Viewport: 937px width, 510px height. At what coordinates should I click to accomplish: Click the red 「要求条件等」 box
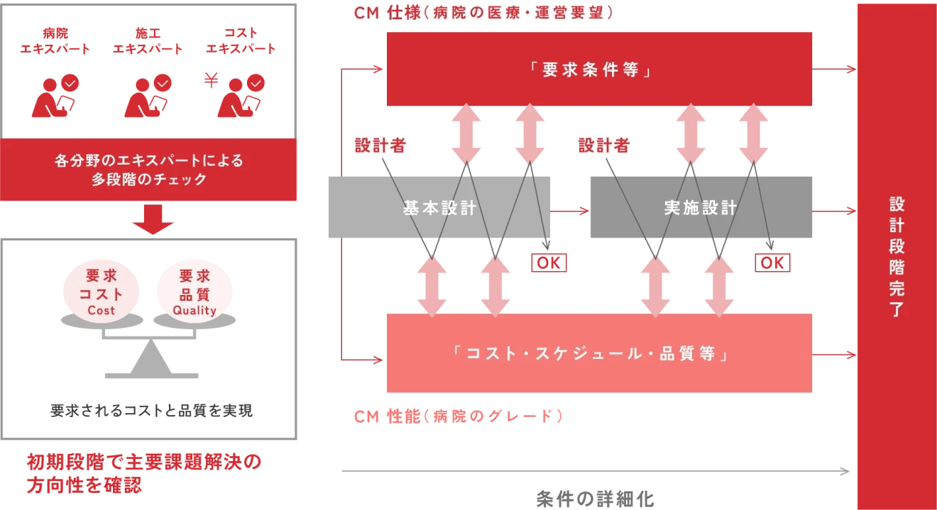(x=600, y=70)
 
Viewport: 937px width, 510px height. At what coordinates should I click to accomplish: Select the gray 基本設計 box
(x=437, y=207)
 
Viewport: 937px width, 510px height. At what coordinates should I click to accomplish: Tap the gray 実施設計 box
(x=703, y=207)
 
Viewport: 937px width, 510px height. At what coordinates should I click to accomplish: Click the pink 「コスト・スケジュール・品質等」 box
(x=600, y=354)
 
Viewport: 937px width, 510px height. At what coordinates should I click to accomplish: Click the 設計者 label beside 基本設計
(x=380, y=145)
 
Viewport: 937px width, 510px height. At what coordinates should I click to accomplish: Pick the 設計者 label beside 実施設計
(x=604, y=145)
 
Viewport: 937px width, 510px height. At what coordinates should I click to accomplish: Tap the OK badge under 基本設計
(x=548, y=262)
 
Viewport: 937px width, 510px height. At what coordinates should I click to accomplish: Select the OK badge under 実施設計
(x=772, y=262)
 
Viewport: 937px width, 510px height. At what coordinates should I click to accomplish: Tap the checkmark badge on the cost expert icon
(x=256, y=82)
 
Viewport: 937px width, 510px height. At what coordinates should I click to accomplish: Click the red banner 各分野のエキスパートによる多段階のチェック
(x=149, y=170)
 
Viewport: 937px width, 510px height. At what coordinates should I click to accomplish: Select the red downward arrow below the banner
(x=153, y=218)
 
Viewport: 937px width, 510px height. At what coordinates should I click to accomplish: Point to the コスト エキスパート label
(x=241, y=42)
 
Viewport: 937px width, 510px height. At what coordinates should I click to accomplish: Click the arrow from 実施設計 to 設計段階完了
(x=833, y=211)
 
